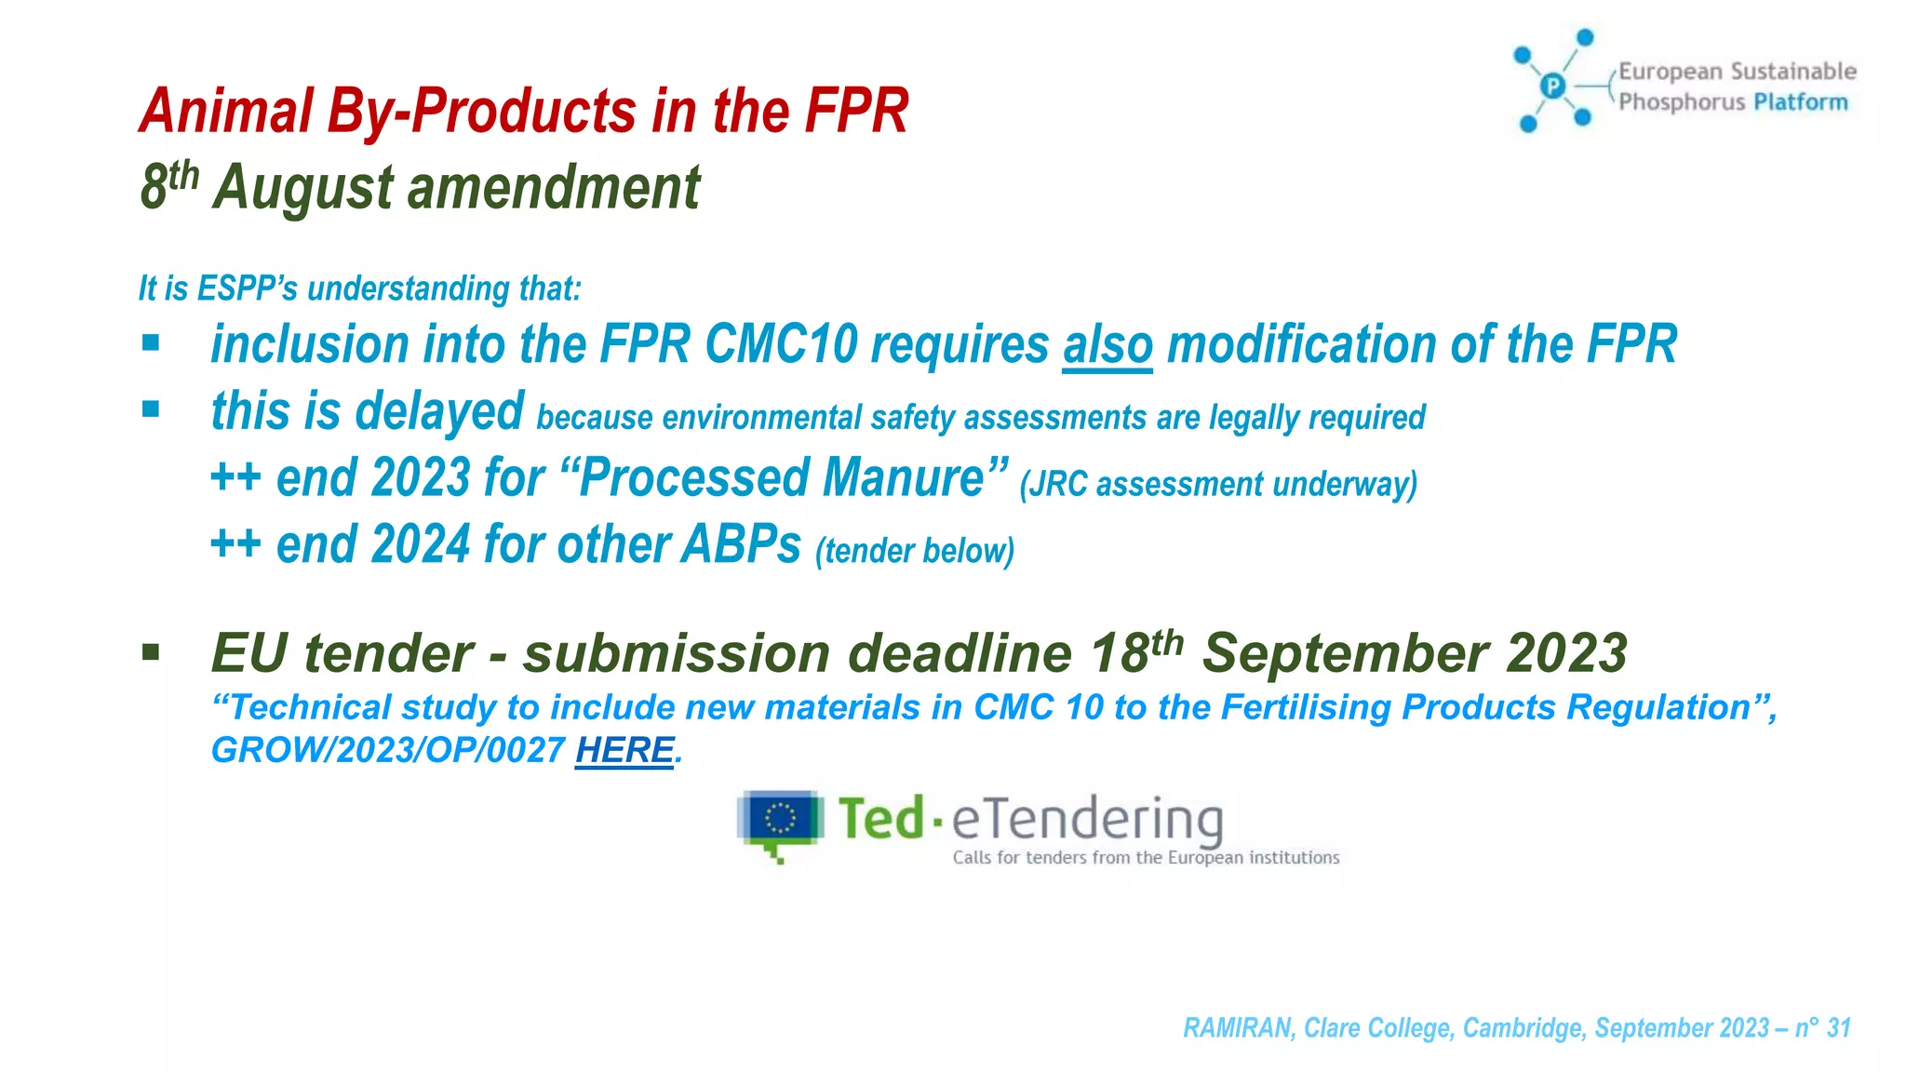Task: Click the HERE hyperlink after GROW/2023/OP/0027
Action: click(x=624, y=750)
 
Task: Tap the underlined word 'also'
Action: click(x=1107, y=345)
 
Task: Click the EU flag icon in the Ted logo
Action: click(x=780, y=820)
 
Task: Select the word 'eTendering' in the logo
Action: click(x=1086, y=820)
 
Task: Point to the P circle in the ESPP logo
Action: click(x=1552, y=87)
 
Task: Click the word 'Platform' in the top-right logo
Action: click(x=1800, y=101)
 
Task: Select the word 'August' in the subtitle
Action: click(x=303, y=189)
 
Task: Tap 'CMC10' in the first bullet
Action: click(x=781, y=345)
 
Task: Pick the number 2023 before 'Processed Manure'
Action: click(x=420, y=479)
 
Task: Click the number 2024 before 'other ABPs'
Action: click(x=420, y=545)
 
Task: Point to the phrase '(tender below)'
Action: click(x=914, y=551)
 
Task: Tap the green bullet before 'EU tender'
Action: click(x=151, y=652)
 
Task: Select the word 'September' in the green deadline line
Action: click(x=1344, y=653)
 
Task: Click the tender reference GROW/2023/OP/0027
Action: click(x=388, y=750)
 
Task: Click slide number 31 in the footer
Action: click(x=1838, y=1027)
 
